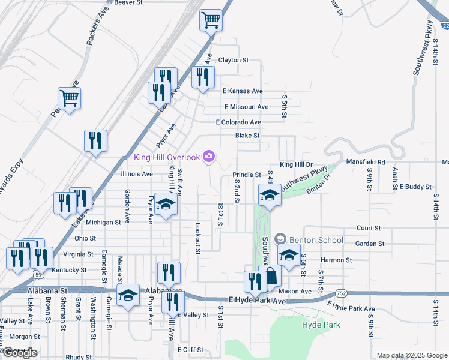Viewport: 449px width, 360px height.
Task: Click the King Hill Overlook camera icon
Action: [209, 157]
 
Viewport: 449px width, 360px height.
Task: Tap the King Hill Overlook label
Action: [166, 157]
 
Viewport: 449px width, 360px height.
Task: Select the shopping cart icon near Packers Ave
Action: [70, 98]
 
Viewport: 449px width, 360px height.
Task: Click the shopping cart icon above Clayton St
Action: [211, 20]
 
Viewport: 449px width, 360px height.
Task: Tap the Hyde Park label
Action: [321, 325]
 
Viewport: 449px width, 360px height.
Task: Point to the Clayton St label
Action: [233, 60]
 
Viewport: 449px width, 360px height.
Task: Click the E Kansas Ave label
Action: [243, 91]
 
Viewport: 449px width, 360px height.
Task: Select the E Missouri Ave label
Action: [246, 107]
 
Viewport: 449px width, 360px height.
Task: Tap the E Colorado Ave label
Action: [238, 122]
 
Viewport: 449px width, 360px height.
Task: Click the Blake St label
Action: [247, 136]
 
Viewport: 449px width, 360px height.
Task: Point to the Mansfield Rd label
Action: [366, 162]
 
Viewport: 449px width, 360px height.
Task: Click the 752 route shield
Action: [341, 293]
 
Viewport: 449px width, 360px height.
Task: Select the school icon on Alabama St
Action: [128, 295]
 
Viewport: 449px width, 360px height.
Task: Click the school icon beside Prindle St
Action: [270, 194]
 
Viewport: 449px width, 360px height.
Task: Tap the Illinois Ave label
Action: [137, 174]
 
